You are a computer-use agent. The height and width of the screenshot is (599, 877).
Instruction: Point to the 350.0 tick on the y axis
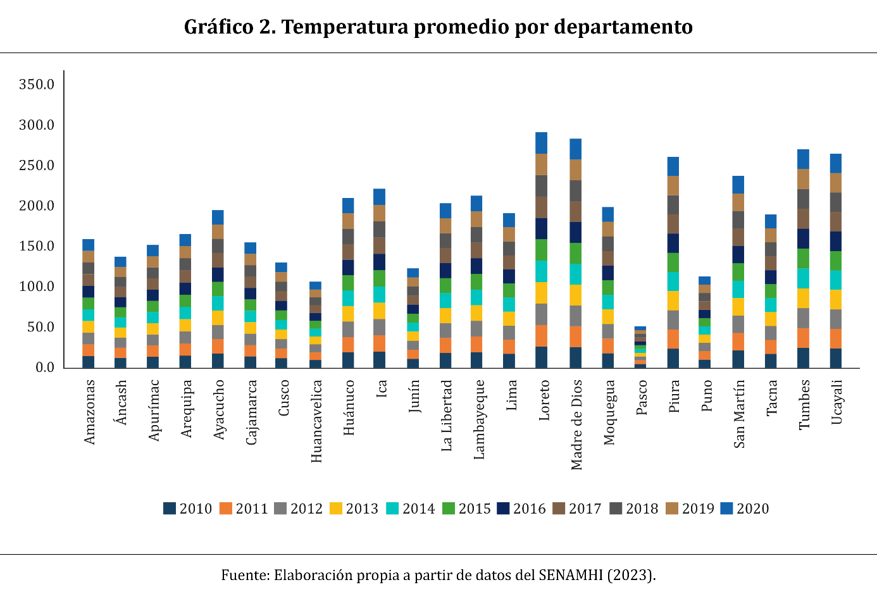point(37,85)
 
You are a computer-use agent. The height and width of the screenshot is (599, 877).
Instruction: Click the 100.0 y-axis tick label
point(37,287)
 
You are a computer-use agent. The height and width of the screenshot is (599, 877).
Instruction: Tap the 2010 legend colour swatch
point(170,509)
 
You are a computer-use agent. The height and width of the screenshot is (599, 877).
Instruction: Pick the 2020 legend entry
point(745,509)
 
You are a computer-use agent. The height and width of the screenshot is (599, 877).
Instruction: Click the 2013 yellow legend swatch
point(337,509)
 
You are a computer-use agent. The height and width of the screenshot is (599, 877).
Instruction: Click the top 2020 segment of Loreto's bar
point(541,143)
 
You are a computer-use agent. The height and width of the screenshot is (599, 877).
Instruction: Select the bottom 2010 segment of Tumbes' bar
point(803,357)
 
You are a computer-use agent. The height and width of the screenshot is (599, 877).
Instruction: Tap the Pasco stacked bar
point(640,347)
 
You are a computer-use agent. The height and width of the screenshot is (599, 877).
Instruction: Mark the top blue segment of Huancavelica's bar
point(315,285)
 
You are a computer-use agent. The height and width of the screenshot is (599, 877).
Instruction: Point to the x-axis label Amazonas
point(89,412)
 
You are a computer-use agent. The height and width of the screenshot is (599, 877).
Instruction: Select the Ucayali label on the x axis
point(837,402)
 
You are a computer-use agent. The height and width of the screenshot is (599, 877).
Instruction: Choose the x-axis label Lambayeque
point(479,419)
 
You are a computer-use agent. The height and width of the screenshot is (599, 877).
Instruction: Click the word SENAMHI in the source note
point(571,575)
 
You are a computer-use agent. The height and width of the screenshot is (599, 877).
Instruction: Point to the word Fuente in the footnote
point(244,575)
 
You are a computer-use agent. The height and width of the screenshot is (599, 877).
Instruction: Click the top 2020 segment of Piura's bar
point(673,166)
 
